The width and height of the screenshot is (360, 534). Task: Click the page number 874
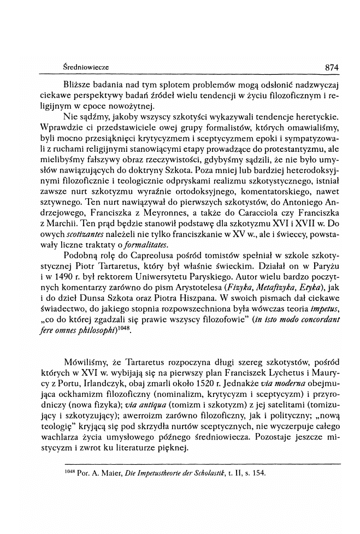[333, 67]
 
